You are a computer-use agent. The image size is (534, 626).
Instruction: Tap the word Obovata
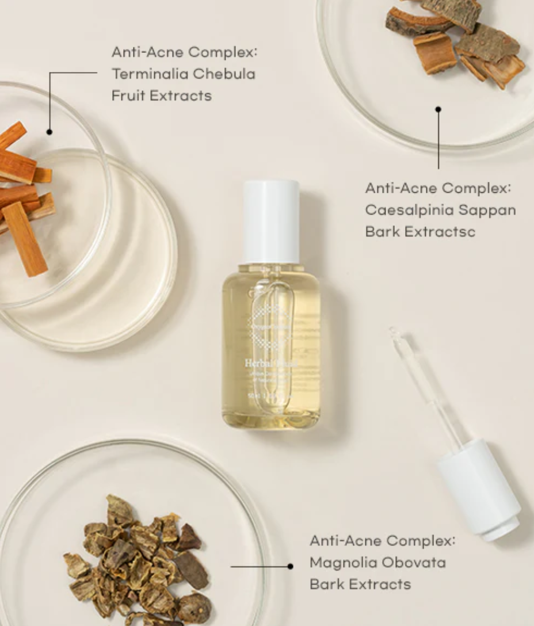pyautogui.click(x=414, y=562)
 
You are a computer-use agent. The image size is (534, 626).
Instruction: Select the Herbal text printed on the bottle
pyautogui.click(x=255, y=363)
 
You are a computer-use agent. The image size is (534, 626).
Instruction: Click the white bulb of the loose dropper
pyautogui.click(x=479, y=489)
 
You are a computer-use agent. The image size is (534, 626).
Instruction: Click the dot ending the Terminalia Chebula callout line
pyautogui.click(x=49, y=132)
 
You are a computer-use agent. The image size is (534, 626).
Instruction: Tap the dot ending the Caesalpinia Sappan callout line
pyautogui.click(x=438, y=109)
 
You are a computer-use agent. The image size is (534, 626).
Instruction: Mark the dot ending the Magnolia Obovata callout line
pyautogui.click(x=290, y=567)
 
